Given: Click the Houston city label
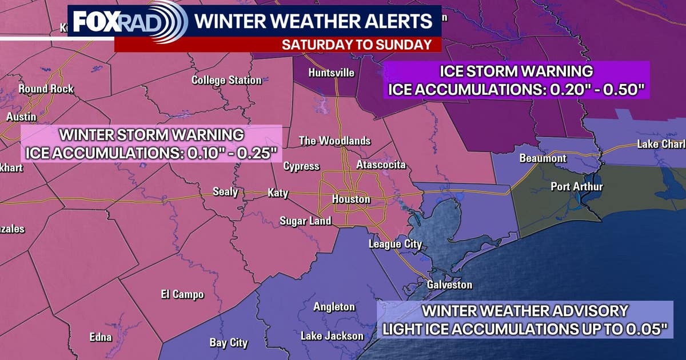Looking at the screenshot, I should coord(351,199).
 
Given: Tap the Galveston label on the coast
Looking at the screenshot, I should coord(450,285).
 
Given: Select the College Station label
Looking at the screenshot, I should coord(226,81).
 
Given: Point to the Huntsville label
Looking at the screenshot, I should coord(331,73).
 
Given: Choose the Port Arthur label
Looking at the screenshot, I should coord(568,186).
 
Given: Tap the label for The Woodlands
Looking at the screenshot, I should coord(335,141).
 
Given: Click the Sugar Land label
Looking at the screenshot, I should coord(305,221).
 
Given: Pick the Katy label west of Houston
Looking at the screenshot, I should coord(278,193).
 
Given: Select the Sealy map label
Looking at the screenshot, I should coord(225,191).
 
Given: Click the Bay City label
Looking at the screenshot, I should coord(229,343).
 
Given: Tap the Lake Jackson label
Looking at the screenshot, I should coord(332,335).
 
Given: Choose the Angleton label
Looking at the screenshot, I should coord(334,307).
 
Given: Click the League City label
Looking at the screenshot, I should coord(395,244).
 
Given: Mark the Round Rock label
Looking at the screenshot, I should coord(46,89).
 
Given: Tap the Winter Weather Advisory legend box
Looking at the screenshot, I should coord(525,319).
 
